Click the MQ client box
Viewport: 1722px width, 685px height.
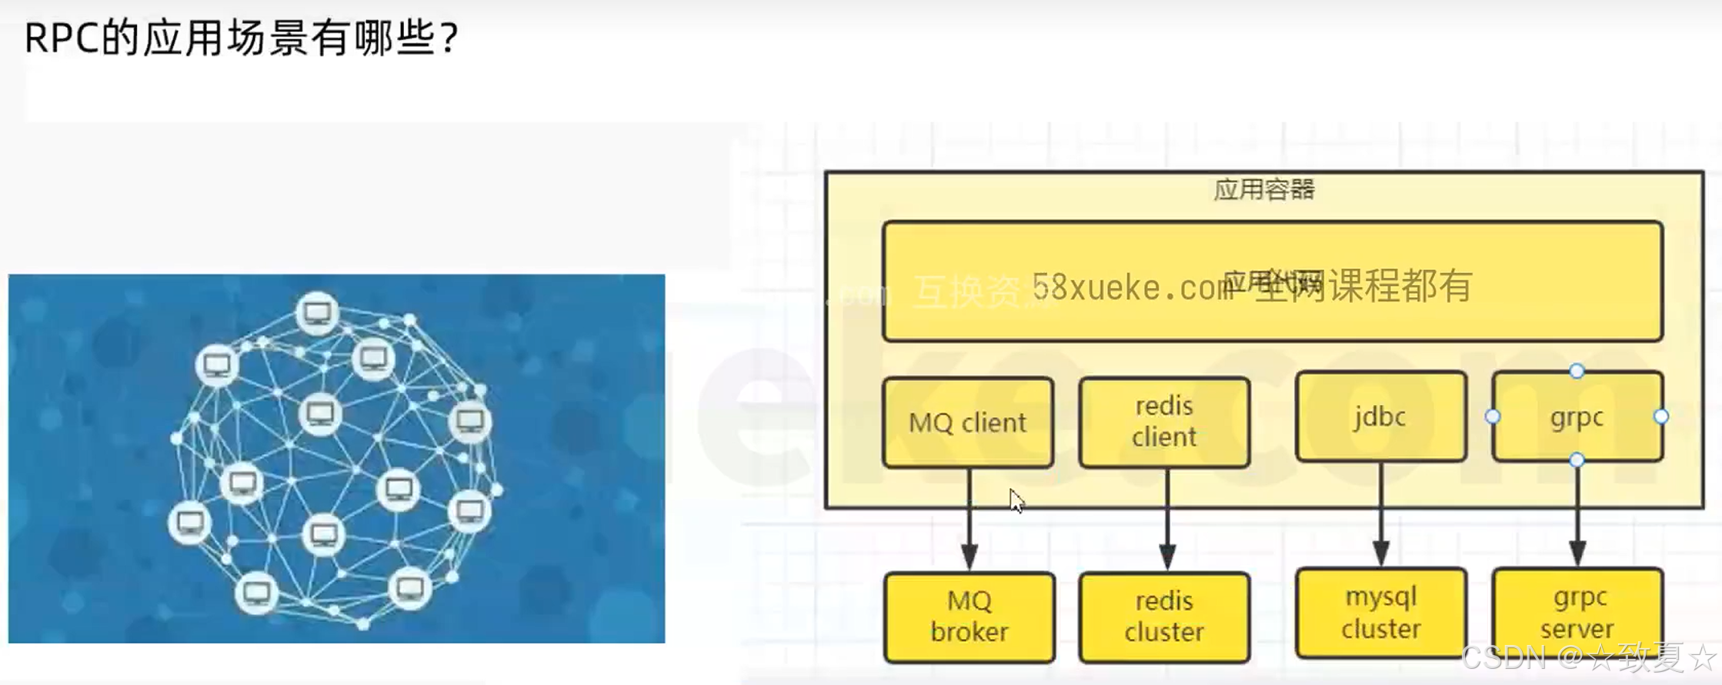coord(968,423)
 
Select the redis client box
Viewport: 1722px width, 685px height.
coord(1164,422)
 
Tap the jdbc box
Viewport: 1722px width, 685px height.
coord(1380,417)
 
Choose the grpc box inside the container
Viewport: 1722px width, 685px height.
coord(1577,417)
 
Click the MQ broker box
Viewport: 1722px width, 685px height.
coord(969,616)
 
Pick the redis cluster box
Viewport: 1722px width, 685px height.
coord(1164,616)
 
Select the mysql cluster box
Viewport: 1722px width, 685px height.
coord(1380,613)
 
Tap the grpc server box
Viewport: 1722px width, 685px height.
coord(1577,613)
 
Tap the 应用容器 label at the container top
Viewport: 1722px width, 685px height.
coord(1264,189)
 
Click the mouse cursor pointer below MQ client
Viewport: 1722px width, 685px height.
coord(1016,501)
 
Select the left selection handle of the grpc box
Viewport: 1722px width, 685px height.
coord(1493,417)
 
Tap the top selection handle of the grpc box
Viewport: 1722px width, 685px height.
coord(1577,372)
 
